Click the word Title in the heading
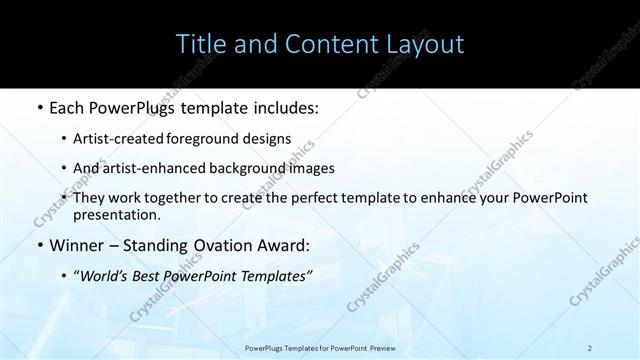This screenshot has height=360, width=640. tap(200, 44)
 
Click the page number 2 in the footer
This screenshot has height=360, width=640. tap(590, 348)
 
